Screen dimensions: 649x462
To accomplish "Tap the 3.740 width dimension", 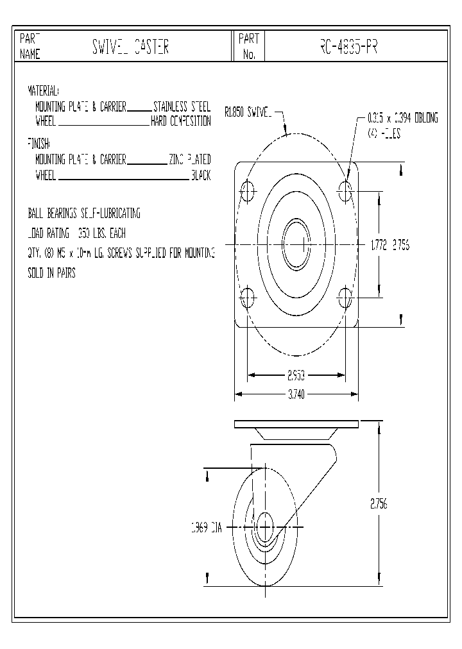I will pos(296,394).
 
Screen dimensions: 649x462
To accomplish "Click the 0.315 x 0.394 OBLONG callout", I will pos(402,119).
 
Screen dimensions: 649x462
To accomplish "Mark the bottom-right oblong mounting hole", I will pos(345,297).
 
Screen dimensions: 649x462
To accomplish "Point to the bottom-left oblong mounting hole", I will pos(248,297).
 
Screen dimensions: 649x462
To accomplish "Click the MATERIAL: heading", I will pos(43,90).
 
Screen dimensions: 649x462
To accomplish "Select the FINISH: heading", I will pos(38,142).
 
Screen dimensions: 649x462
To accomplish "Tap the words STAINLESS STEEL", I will pos(182,107).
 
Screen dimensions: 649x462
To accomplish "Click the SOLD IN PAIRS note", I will pos(51,273).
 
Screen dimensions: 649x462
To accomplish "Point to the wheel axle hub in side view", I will pos(264,528).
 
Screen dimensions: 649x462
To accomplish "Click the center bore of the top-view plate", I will pos(296,244).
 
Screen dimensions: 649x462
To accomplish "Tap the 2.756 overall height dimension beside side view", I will pos(379,504).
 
